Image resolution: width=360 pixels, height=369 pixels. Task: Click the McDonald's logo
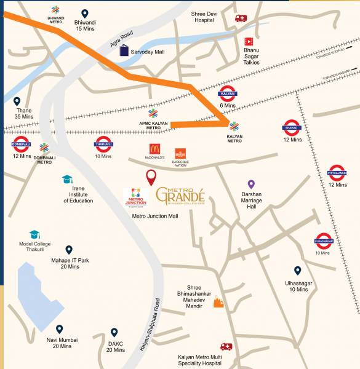(x=155, y=149)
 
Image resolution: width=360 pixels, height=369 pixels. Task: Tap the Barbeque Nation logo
(x=180, y=153)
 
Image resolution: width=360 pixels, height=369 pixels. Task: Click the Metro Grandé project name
(x=183, y=196)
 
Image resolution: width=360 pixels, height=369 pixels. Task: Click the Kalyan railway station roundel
(x=228, y=94)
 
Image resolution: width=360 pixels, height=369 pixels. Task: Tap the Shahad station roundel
(x=290, y=127)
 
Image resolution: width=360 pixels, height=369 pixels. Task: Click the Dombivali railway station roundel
(x=21, y=145)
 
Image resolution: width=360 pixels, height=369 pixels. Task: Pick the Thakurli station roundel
(x=103, y=145)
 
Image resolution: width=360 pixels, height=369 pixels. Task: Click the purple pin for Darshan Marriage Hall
(x=251, y=184)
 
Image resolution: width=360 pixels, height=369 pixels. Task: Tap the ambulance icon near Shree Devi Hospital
(x=241, y=18)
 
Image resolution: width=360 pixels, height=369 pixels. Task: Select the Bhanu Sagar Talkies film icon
(x=249, y=41)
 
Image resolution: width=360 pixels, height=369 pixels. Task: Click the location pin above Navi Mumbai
(x=60, y=329)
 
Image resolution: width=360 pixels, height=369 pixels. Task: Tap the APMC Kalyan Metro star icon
(x=153, y=113)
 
